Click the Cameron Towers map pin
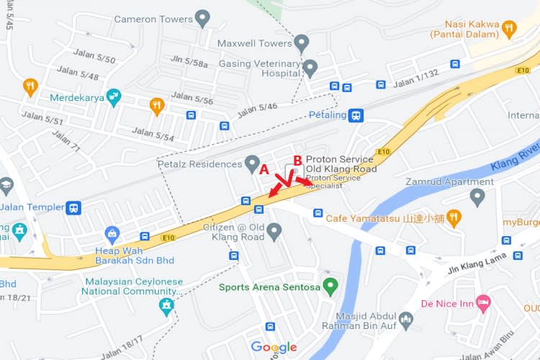coord(203,18)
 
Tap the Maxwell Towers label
coord(254,43)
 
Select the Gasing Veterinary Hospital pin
coord(310,68)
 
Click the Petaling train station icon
coord(356,114)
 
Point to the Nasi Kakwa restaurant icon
coord(510,29)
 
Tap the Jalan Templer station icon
coord(73,207)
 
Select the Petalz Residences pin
coord(252,163)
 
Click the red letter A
coord(264,170)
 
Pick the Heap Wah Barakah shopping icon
coord(112,233)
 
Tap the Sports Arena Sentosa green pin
coord(330,287)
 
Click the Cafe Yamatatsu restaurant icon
coord(454,216)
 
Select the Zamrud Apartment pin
coord(477,196)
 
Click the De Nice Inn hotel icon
coord(483,303)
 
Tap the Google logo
coord(274,348)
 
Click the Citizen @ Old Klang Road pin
coord(274,230)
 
